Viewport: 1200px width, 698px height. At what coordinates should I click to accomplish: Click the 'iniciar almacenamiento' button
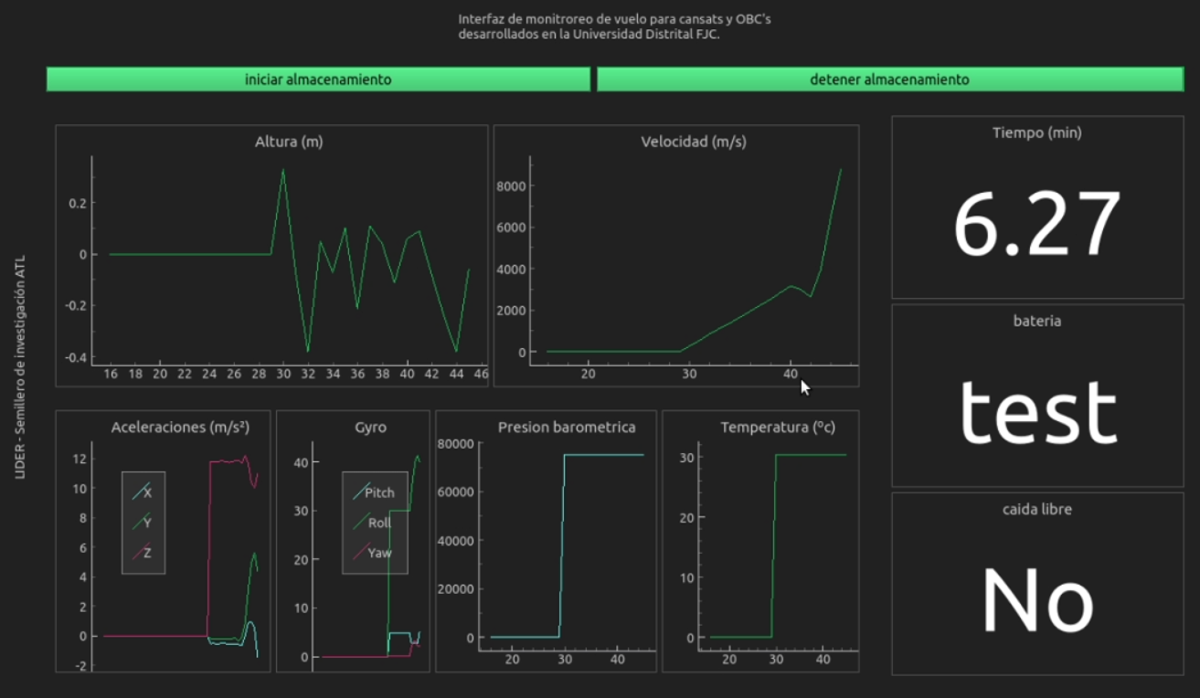pyautogui.click(x=318, y=79)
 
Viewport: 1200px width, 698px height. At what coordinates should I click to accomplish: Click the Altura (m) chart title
pyautogui.click(x=289, y=142)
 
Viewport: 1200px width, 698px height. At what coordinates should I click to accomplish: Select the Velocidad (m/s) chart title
pyautogui.click(x=694, y=142)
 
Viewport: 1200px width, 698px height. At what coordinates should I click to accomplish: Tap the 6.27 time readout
pyautogui.click(x=1037, y=225)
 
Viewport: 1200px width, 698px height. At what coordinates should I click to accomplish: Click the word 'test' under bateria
pyautogui.click(x=1037, y=413)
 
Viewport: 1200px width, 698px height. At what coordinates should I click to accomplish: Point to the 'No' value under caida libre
pyautogui.click(x=1037, y=600)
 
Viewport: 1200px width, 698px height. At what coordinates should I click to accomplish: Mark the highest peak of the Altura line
pyautogui.click(x=282, y=170)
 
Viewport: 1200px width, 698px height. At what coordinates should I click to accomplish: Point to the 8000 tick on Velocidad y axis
pyautogui.click(x=511, y=186)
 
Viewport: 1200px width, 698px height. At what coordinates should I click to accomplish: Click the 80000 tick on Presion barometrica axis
pyautogui.click(x=455, y=443)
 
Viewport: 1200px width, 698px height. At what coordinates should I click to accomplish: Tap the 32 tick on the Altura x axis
pyautogui.click(x=308, y=374)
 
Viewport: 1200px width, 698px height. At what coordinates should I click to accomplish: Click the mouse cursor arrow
pyautogui.click(x=805, y=387)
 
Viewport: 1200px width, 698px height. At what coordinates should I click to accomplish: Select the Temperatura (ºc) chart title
pyautogui.click(x=778, y=428)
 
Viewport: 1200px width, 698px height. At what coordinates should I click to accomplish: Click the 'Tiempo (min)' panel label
pyautogui.click(x=1037, y=132)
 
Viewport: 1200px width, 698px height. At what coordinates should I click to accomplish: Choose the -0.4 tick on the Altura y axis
pyautogui.click(x=77, y=357)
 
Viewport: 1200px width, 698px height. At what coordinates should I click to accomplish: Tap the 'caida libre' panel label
pyautogui.click(x=1037, y=510)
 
